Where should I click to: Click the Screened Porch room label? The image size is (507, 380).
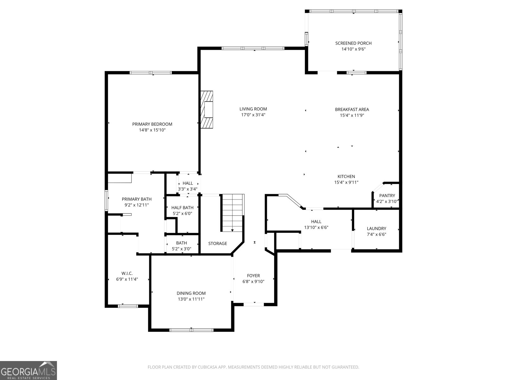point(353,43)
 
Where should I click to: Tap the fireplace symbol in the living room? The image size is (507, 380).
point(207,110)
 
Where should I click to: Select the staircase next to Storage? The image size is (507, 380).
point(233,213)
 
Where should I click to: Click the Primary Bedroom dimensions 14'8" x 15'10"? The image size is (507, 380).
point(152,130)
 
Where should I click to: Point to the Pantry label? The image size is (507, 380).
point(387,196)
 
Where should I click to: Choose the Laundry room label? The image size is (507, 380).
point(376,229)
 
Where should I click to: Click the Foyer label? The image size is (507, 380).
point(253,276)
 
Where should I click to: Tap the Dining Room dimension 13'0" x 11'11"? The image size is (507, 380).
point(191,299)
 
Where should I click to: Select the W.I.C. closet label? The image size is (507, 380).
point(127,273)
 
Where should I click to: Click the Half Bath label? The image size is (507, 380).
point(182,208)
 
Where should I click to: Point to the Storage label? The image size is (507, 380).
point(217,244)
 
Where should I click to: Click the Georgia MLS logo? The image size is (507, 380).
point(28,370)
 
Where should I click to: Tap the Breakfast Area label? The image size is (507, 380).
point(352,110)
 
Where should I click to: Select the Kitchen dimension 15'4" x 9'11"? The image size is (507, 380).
point(346,182)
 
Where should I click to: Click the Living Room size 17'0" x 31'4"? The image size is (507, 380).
point(253,115)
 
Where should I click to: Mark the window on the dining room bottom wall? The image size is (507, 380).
point(191,330)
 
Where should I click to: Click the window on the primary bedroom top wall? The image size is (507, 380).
point(151,73)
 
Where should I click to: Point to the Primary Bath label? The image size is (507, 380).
point(137,199)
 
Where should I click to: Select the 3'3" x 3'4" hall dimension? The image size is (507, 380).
point(188,189)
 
